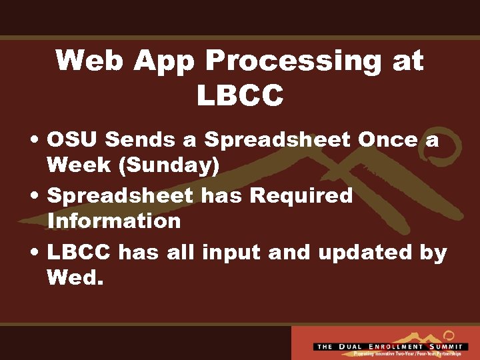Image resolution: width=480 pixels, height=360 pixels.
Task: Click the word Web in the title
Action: tap(89, 61)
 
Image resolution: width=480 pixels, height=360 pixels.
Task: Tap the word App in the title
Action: tap(164, 61)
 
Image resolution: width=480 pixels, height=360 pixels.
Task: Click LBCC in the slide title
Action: tap(240, 95)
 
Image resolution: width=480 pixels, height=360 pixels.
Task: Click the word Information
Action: tap(114, 221)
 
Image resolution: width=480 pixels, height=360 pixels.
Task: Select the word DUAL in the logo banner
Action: tap(352, 347)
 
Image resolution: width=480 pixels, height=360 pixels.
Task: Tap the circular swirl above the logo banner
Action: tap(448, 335)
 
